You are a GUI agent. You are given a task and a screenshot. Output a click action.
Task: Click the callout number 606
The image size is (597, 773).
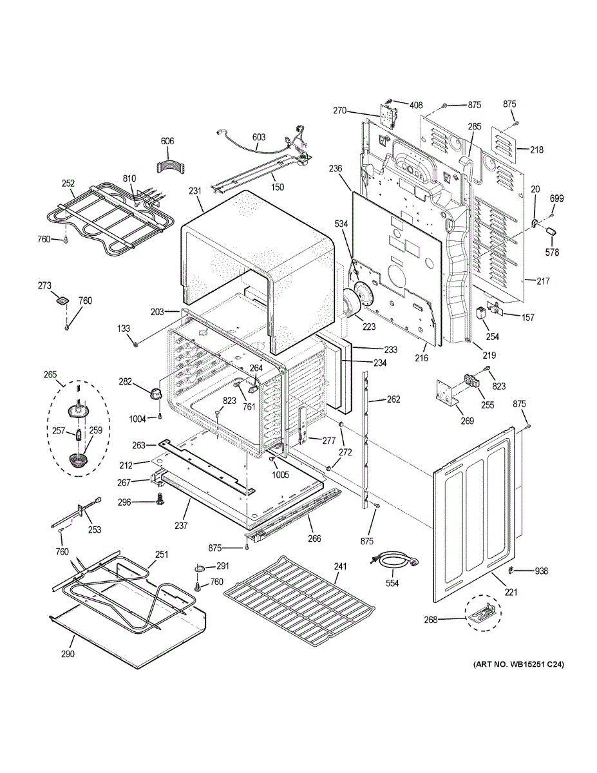(167, 141)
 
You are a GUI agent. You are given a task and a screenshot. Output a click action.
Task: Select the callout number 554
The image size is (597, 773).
(391, 584)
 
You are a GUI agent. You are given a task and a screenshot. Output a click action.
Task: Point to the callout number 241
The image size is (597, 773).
(340, 567)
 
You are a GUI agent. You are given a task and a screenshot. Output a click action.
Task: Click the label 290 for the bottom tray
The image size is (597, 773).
(68, 654)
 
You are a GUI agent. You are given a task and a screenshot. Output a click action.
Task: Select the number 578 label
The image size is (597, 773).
(553, 252)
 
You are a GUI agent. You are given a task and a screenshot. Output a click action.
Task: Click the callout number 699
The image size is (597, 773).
(556, 198)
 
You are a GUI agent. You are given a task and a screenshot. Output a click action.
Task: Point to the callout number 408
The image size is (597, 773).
(416, 104)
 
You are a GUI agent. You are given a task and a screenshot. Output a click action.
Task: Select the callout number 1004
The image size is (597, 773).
(138, 419)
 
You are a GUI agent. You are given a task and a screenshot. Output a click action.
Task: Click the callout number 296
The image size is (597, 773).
(141, 502)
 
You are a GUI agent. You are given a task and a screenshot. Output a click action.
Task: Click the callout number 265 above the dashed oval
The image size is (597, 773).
(50, 374)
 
